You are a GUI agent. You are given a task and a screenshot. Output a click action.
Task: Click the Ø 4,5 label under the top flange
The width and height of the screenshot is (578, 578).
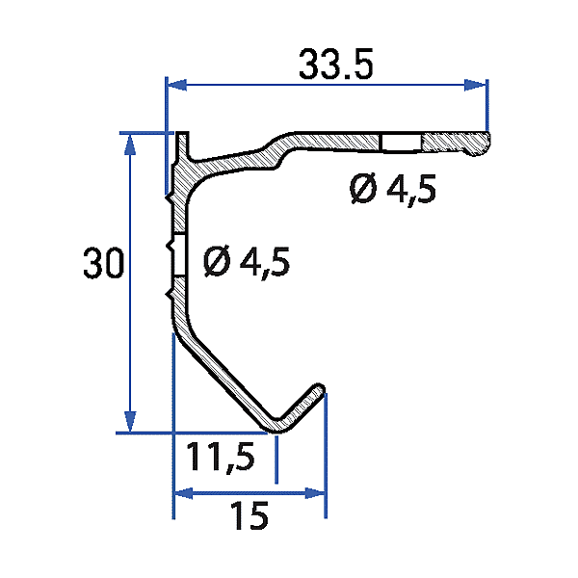coord(393,190)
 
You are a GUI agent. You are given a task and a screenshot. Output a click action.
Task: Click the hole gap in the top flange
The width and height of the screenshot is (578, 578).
coord(400,144)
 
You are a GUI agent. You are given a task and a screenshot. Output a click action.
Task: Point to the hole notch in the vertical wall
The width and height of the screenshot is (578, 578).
coord(174,258)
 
